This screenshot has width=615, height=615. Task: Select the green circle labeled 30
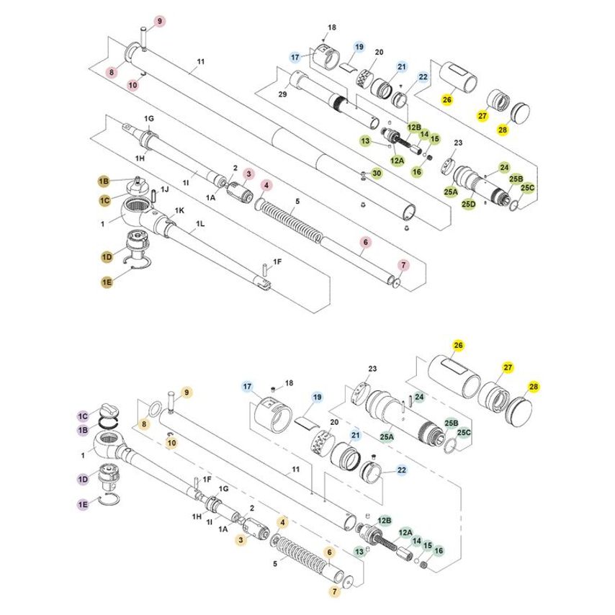coord(376,174)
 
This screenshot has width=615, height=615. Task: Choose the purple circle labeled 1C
coord(83,416)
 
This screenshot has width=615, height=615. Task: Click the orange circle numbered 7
coord(336,591)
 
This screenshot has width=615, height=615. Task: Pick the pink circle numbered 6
coord(365,243)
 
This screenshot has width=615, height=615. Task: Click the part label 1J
coord(164,189)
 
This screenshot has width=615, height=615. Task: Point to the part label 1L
coord(200,225)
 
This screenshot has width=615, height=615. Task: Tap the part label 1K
coord(179,210)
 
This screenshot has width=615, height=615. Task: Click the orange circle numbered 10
coord(171,443)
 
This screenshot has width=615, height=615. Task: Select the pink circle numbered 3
coord(248,174)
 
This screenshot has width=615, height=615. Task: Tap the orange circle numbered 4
coord(284,521)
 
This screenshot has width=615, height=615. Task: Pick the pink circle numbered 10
coord(133,85)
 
